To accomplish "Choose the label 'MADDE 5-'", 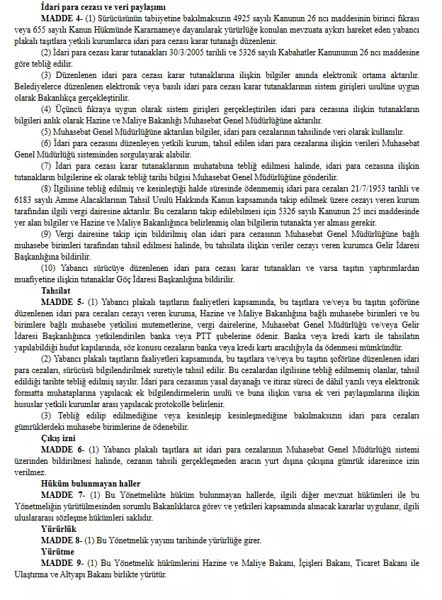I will [x=60, y=302].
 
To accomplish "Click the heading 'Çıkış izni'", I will [x=59, y=438].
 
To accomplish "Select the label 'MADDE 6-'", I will [x=60, y=450].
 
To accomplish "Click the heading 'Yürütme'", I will [x=57, y=552].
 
